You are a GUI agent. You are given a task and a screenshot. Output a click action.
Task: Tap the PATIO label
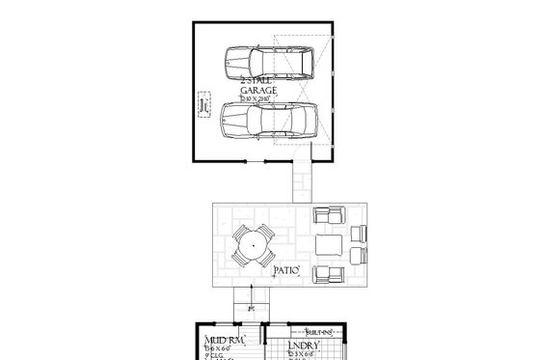[x=289, y=271]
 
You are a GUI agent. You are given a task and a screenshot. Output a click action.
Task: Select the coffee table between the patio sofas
[x=328, y=244]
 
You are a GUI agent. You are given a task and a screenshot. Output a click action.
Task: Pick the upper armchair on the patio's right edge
[x=359, y=233]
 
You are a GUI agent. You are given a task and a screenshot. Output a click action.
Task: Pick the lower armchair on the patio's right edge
[x=359, y=256]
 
